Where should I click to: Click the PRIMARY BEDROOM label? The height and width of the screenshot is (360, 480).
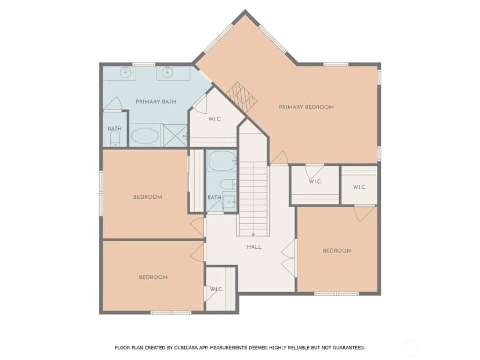coord(306,107)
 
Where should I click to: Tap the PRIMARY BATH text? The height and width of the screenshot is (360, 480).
coord(156,101)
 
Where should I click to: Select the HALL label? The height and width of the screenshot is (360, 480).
coord(254,247)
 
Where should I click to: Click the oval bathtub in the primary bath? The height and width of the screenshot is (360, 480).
coord(145,136)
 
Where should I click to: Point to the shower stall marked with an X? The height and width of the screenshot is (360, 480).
coord(175,135)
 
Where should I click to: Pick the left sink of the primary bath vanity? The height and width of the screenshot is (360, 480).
coord(126,72)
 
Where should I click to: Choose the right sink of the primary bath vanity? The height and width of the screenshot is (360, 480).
coord(167,72)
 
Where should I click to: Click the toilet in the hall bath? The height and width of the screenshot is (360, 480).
coord(228,184)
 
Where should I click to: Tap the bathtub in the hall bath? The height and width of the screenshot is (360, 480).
coord(222,161)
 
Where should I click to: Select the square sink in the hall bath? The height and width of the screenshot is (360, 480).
coord(229,202)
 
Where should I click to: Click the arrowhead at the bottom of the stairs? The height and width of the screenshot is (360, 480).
coord(253,234)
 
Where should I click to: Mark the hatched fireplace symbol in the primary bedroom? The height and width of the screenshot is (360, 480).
coord(242,96)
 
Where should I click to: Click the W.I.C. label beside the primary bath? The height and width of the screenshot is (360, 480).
coord(214,119)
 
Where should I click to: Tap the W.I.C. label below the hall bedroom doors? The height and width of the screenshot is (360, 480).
coord(216,289)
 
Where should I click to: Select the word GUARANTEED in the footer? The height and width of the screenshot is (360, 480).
coord(348,348)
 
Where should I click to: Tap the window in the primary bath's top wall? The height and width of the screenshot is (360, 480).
coord(144,64)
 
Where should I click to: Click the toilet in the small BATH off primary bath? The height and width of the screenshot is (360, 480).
coord(115,139)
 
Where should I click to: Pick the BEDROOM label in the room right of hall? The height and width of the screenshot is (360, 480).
coord(337,250)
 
